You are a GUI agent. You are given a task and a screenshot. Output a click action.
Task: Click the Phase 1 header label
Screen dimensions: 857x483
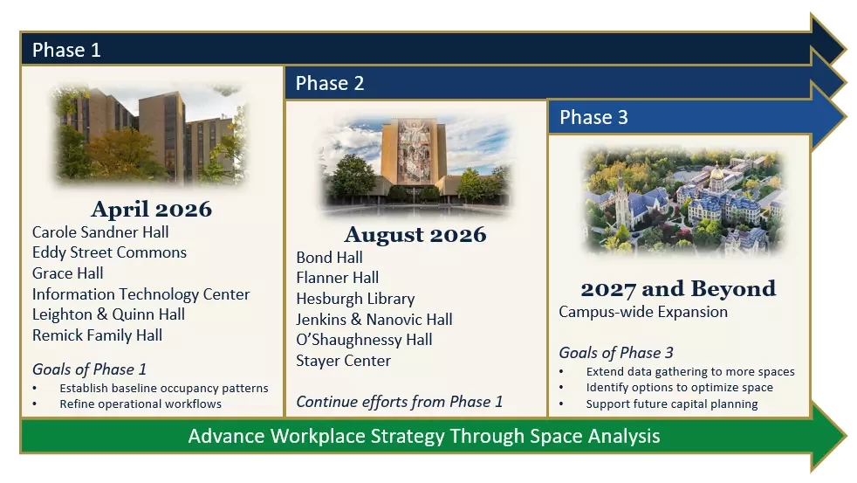[66, 51]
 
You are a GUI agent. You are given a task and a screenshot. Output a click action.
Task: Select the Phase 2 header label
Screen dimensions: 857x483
[330, 83]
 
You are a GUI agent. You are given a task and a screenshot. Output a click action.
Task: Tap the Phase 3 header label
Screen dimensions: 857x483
[593, 117]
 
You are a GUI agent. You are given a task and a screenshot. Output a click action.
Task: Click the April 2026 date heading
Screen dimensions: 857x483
[151, 209]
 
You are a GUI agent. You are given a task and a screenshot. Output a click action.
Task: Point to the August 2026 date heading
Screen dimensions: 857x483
[415, 235]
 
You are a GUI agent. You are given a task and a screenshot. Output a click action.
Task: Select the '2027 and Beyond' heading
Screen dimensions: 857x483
[678, 289]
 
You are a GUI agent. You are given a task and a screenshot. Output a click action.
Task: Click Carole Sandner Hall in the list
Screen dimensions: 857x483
[100, 232]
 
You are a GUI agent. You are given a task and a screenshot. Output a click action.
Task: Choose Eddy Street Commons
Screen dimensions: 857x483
[109, 252]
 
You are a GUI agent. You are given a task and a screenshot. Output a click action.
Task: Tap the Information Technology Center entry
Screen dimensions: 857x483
[141, 294]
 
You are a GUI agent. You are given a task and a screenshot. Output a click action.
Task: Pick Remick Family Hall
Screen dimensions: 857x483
[97, 335]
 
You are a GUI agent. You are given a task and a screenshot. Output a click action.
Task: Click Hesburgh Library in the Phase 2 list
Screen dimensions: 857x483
[355, 299]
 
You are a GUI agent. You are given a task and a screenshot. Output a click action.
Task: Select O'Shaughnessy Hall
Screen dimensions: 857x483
[364, 340]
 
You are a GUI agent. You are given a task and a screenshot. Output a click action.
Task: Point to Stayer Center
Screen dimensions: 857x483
[343, 361]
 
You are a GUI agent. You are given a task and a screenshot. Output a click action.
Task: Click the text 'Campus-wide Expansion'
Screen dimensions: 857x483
[643, 312]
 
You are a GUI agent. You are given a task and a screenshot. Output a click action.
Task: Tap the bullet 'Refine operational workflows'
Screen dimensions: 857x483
[141, 404]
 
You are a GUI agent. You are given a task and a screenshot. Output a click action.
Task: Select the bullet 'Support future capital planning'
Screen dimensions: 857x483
[672, 404]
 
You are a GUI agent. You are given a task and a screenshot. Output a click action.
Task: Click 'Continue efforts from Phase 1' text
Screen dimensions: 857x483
[400, 402]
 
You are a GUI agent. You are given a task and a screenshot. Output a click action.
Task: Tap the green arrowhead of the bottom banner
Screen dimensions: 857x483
[827, 436]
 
